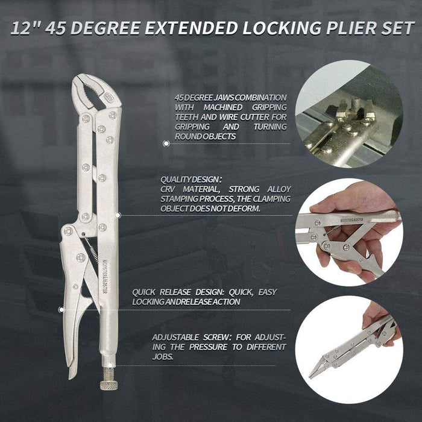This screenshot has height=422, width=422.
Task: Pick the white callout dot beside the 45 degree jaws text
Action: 166,143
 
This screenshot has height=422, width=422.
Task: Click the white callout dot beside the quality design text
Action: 118,213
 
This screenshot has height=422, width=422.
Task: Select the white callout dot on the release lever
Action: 61,309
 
